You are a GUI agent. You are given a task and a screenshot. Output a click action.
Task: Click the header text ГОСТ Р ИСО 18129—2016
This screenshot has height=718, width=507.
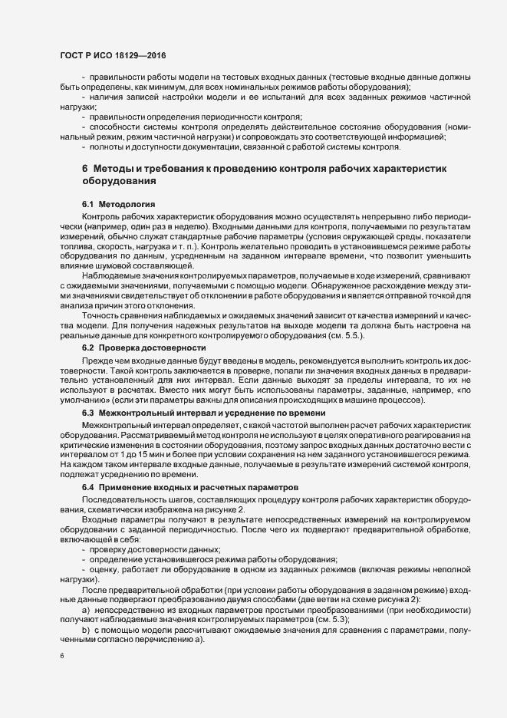pos(113,56)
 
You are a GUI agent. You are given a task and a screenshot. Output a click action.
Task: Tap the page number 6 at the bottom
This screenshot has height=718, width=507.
pos(62,657)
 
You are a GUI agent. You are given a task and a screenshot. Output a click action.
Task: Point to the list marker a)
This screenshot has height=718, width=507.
pos(87,608)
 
